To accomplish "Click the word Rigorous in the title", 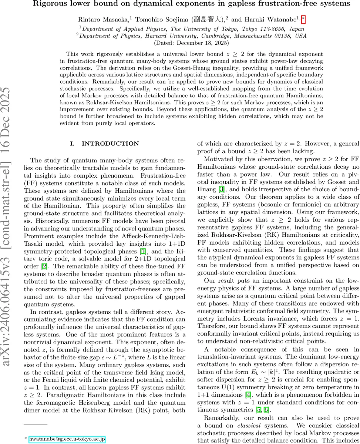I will pos(49,4).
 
